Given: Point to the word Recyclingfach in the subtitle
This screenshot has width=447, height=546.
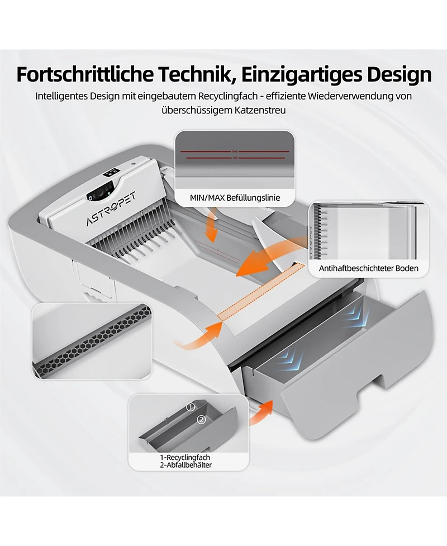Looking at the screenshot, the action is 227,96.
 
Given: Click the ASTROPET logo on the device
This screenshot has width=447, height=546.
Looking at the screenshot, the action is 111,208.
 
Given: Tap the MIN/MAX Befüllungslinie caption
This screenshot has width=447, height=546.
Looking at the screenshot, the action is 235,198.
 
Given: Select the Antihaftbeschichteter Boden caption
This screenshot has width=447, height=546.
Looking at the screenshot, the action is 369,268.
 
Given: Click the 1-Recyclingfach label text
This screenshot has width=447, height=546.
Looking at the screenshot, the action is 185,457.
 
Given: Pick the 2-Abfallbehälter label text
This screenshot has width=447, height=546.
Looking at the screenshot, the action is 186,465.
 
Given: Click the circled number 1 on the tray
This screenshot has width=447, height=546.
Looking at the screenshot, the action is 191,406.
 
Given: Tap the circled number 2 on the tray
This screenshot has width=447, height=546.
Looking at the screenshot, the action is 201,420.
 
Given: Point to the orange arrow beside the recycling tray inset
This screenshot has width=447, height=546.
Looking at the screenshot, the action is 261,412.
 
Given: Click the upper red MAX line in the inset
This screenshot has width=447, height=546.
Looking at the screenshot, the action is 235,151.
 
